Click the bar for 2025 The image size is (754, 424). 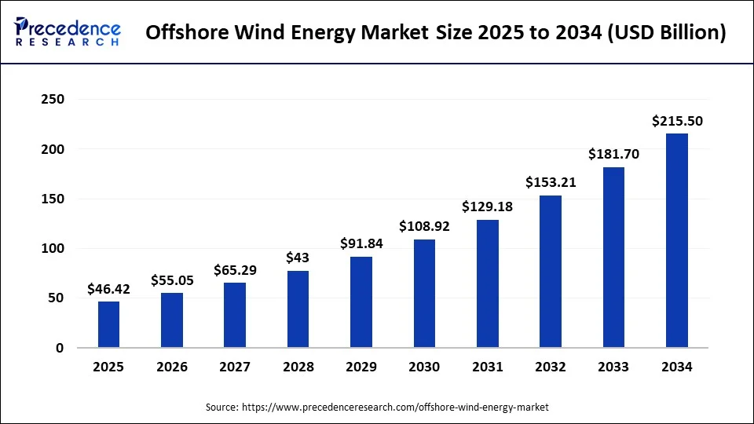tap(108, 324)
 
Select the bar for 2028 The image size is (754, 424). tap(298, 309)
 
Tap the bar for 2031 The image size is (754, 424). tap(487, 283)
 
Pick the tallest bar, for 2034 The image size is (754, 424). tap(676, 240)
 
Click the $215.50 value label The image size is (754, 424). tap(677, 121)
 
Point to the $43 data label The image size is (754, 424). tap(298, 258)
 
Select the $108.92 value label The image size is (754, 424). tap(424, 227)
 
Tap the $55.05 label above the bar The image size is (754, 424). tap(172, 280)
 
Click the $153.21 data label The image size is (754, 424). tap(551, 183)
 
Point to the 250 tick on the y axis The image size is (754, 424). tap(53, 100)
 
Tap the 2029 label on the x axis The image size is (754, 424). tap(361, 367)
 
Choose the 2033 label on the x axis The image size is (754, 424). tap(613, 367)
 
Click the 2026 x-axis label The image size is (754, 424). tap(172, 367)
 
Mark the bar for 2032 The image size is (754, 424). tap(551, 272)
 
